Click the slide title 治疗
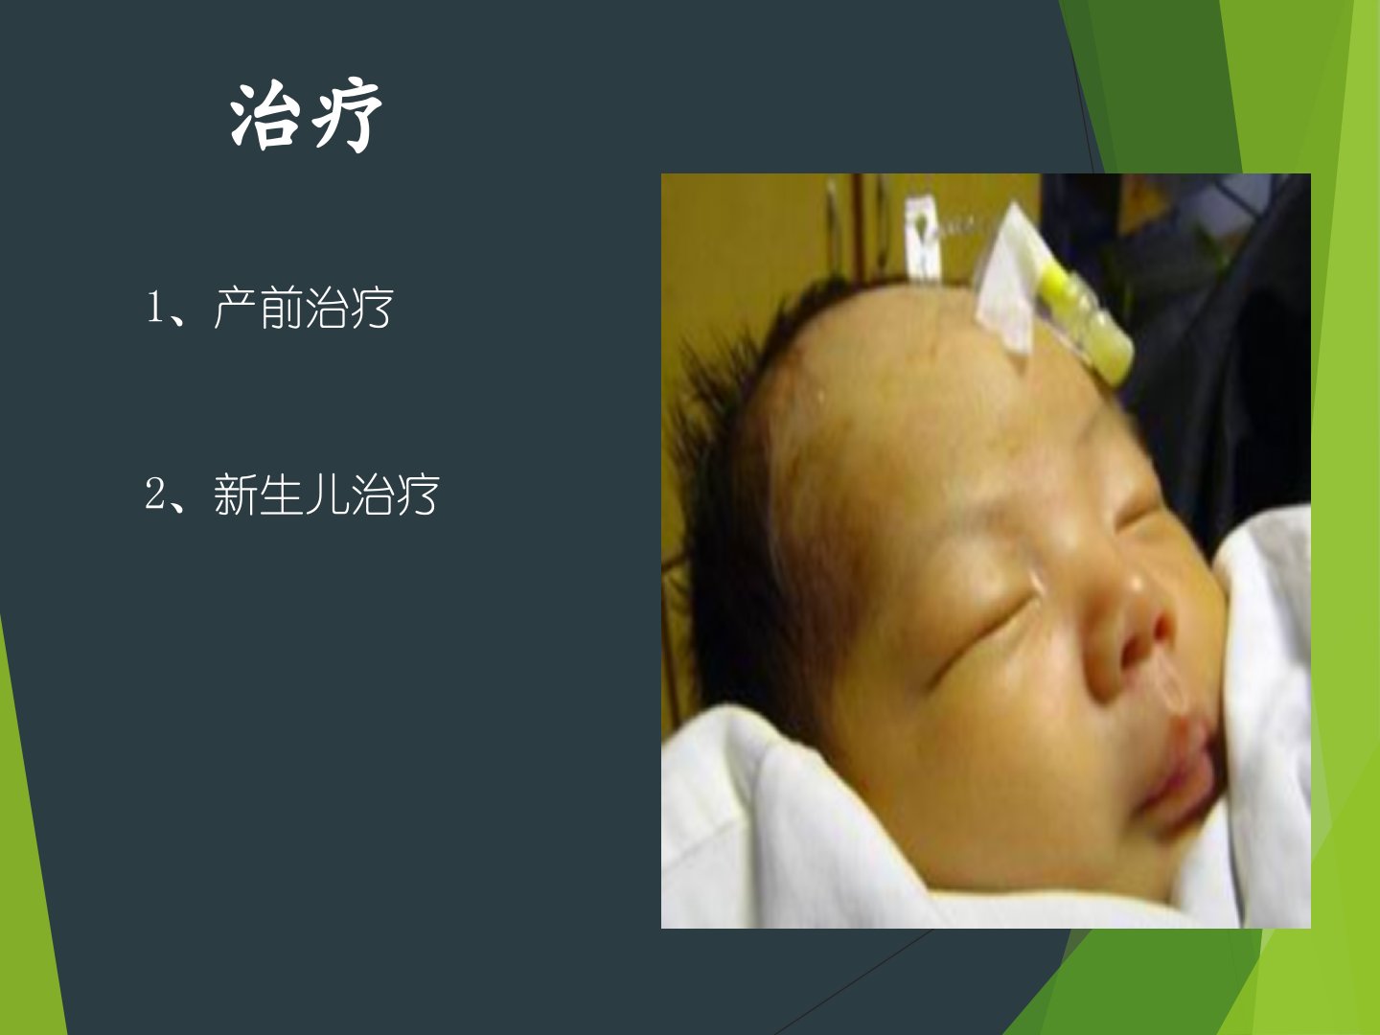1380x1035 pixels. click(x=306, y=116)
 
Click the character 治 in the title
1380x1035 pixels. click(x=265, y=116)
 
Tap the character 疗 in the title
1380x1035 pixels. click(x=347, y=116)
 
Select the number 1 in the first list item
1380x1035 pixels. click(x=154, y=308)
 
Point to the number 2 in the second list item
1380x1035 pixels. click(x=154, y=494)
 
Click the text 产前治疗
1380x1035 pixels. click(x=304, y=308)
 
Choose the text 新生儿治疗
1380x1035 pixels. click(x=326, y=494)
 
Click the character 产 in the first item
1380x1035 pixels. click(x=235, y=308)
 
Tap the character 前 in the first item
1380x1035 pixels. click(x=281, y=308)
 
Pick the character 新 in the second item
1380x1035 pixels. click(x=235, y=494)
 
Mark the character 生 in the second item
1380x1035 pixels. click(x=281, y=494)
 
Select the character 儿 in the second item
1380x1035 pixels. click(x=326, y=494)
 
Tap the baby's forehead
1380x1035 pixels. click(x=943, y=402)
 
